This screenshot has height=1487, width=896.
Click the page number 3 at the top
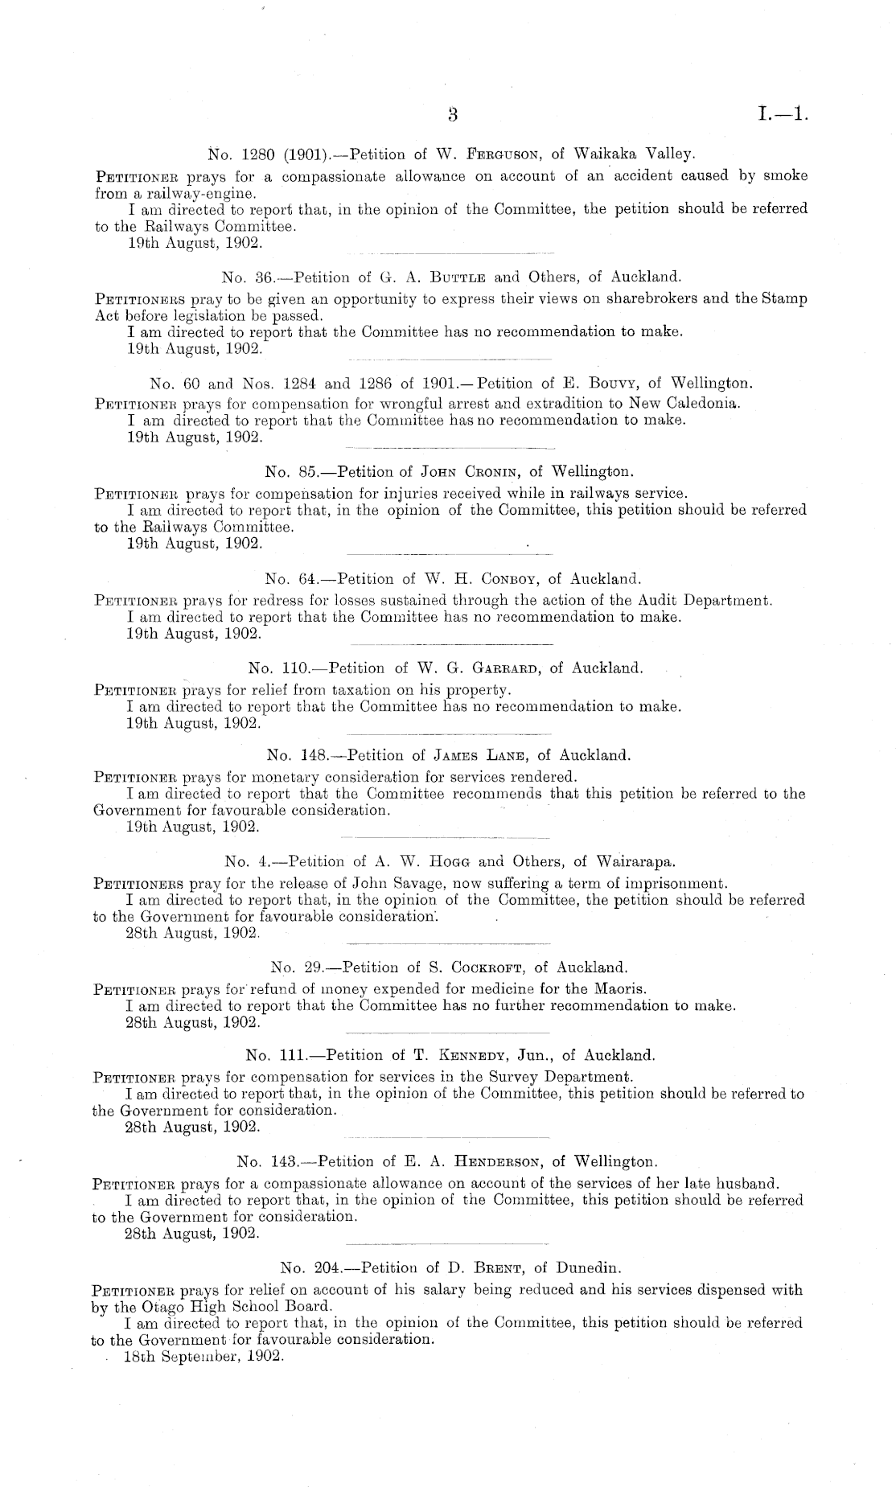(453, 115)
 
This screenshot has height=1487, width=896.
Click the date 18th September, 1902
(203, 1356)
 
